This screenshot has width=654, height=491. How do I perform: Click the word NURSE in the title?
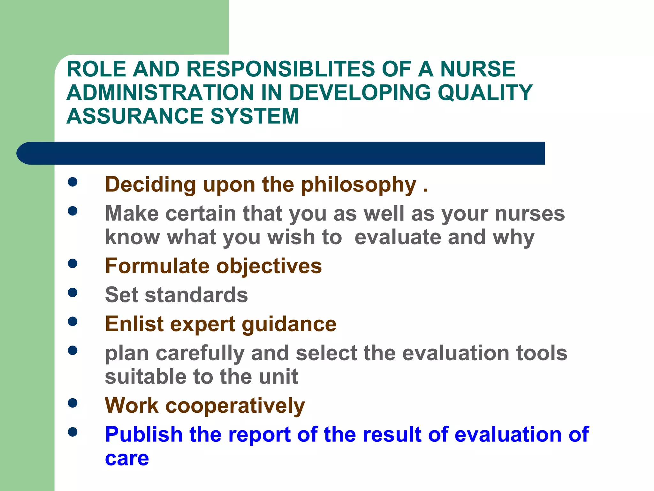[x=478, y=69]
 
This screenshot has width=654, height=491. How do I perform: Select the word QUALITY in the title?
[x=485, y=93]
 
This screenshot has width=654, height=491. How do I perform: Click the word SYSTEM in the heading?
[x=255, y=116]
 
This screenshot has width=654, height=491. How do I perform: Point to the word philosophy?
[x=359, y=185]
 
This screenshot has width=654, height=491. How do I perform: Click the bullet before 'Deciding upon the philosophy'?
[x=73, y=182]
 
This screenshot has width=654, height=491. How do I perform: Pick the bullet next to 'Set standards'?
[x=73, y=292]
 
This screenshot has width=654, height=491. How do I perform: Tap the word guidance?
[x=289, y=324]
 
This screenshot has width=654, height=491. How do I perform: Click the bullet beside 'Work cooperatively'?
[x=73, y=403]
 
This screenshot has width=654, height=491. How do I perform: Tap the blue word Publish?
[x=143, y=435]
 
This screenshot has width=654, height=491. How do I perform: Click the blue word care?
[x=127, y=459]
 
